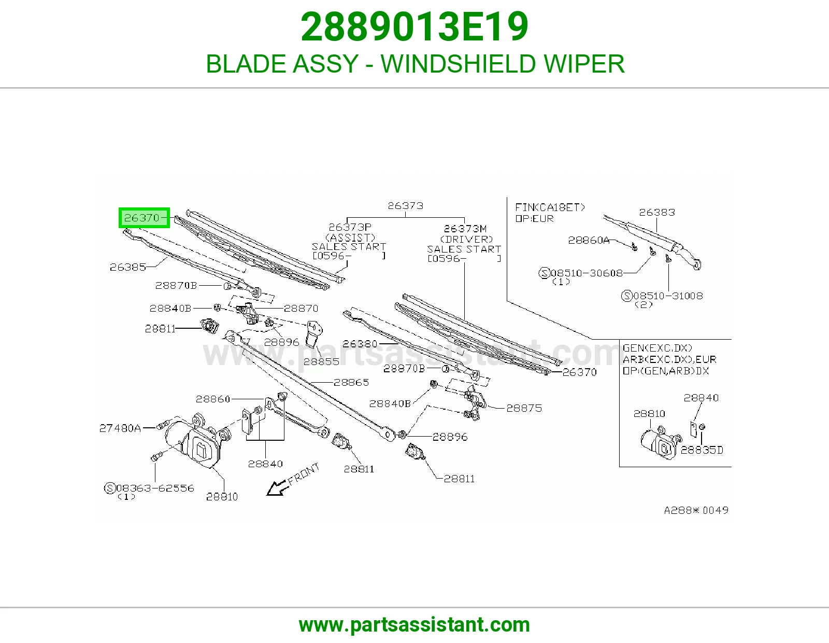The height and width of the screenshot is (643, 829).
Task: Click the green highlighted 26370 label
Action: coord(144,218)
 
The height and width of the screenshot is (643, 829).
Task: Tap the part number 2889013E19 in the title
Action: coord(414,27)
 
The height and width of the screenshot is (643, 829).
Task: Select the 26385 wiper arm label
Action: coord(128,267)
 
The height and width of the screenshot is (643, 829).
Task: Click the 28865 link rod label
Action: coord(351,382)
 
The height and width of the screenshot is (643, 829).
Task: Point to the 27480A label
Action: coord(120,428)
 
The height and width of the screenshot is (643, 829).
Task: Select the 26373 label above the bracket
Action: coord(406,206)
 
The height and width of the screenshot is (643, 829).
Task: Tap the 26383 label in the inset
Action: coord(657,212)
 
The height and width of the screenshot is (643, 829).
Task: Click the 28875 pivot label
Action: coord(524,408)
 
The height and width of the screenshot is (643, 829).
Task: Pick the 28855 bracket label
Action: coord(321,361)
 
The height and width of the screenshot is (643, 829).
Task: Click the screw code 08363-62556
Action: coord(155,488)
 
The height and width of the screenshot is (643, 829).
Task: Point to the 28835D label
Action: coord(702,450)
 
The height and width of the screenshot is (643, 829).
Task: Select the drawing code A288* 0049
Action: coord(696,510)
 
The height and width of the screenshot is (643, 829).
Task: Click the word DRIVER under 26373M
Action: coord(467,240)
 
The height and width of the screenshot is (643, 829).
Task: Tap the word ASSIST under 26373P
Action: coord(350,237)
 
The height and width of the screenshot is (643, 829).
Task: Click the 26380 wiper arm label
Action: coord(360,344)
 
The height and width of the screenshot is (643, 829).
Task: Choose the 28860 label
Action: coord(213,399)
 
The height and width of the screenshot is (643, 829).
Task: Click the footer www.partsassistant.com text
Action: coord(414,625)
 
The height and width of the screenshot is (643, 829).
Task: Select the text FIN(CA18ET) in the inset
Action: coord(550,207)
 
